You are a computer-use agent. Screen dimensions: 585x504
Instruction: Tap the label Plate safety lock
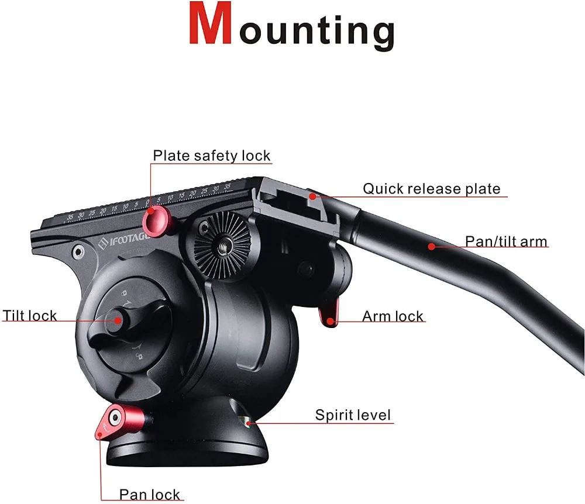coord(211,156)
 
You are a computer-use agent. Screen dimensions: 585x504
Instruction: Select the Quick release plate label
coord(432,189)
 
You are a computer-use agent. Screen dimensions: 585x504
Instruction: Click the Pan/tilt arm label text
coord(506,241)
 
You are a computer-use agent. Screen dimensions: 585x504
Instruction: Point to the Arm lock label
coord(393,316)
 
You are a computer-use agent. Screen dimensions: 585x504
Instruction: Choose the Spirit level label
coord(353,415)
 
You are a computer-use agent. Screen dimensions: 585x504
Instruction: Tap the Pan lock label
coord(150,494)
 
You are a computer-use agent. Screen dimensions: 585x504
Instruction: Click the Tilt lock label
coord(30,316)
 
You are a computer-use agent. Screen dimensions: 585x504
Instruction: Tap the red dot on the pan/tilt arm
coord(432,247)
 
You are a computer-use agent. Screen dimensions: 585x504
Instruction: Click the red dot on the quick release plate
coord(314,196)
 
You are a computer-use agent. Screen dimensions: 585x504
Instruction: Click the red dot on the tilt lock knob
coord(118,319)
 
